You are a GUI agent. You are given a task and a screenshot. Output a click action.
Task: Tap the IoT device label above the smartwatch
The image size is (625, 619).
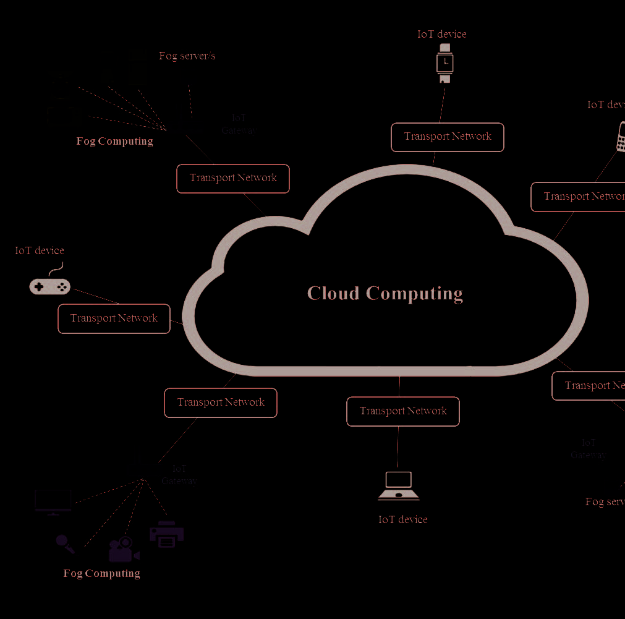click(x=441, y=34)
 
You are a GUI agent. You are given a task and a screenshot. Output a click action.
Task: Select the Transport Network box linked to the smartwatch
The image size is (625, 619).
click(x=447, y=137)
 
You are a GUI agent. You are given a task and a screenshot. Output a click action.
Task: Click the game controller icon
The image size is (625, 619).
click(x=50, y=286)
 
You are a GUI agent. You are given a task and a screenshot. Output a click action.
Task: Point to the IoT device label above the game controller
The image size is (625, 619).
click(x=40, y=250)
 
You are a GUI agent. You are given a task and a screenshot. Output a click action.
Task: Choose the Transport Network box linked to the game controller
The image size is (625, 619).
click(x=114, y=318)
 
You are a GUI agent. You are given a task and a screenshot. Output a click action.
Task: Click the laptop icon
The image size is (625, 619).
click(x=399, y=486)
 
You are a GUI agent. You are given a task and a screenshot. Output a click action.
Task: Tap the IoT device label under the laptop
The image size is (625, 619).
click(x=403, y=519)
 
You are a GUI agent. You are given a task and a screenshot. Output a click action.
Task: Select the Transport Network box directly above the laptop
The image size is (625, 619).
click(x=403, y=411)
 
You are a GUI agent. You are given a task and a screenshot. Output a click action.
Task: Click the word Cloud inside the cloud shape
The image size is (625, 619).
click(x=333, y=293)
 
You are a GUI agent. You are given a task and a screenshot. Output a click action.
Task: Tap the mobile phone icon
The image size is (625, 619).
click(x=620, y=137)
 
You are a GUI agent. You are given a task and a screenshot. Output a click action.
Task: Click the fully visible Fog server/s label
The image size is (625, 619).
click(x=187, y=56)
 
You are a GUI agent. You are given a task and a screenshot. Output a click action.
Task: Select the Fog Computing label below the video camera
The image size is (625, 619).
click(x=102, y=573)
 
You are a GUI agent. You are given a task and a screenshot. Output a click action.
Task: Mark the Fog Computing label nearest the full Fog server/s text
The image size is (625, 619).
click(x=115, y=141)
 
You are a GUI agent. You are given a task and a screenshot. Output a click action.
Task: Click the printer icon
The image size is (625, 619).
click(x=166, y=534)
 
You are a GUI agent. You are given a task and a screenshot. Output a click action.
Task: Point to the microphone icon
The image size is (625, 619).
click(x=65, y=544)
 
